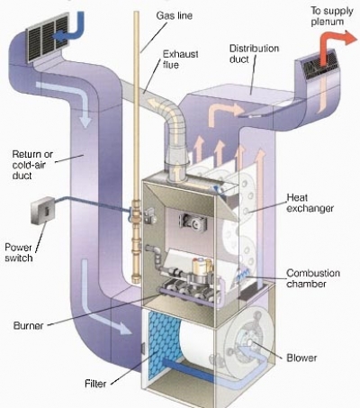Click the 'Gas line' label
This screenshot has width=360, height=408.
point(174,15)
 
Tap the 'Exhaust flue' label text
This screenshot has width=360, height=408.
point(180,59)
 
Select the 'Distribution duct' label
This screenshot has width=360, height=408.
point(254,53)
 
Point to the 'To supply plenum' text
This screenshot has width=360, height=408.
point(331,16)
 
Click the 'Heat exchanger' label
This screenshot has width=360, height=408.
point(310,203)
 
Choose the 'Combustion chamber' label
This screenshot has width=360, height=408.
point(313,278)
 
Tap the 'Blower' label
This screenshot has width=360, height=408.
point(301,358)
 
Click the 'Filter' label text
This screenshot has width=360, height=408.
point(95,384)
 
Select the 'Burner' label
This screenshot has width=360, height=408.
point(28,325)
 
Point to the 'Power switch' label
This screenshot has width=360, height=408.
point(18,252)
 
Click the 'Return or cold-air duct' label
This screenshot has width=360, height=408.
point(32,165)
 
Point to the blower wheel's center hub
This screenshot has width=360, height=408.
point(249,342)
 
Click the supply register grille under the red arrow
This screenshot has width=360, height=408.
point(319,65)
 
